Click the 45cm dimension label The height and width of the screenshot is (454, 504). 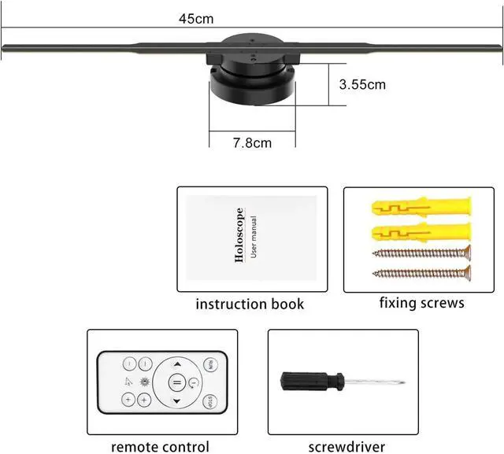[196, 19]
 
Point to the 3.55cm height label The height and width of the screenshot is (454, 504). [362, 85]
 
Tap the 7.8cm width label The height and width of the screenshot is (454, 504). [252, 143]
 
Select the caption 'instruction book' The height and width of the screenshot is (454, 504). [250, 304]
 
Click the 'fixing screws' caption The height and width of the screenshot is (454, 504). [422, 303]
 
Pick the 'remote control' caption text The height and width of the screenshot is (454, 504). [160, 447]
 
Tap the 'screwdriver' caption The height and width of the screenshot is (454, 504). [346, 447]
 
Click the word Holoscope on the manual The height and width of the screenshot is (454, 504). [239, 235]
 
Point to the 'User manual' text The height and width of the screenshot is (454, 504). [254, 237]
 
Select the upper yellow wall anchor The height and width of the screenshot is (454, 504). [421, 207]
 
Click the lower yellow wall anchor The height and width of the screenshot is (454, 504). [421, 231]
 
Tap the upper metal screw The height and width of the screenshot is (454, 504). [422, 253]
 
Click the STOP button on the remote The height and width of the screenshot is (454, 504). [210, 401]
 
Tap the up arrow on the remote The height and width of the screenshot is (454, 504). [177, 364]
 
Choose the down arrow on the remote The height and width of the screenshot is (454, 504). [176, 401]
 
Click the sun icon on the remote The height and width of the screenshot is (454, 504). [145, 382]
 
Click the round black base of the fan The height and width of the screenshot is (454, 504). [252, 86]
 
